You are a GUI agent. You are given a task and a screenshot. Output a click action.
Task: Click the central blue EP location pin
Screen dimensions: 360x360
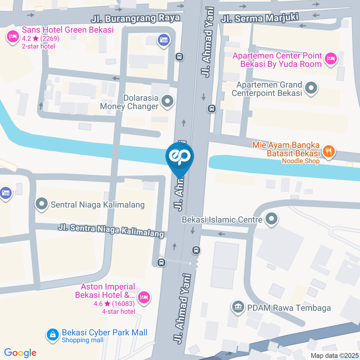pos(180,156)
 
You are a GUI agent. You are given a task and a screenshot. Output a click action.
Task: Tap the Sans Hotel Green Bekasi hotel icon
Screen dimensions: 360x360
pos(13,36)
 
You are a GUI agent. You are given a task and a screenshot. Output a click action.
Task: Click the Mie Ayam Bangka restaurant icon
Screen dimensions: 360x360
pos(329,151)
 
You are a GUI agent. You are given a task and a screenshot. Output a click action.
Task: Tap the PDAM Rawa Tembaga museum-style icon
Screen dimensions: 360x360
pos(237,307)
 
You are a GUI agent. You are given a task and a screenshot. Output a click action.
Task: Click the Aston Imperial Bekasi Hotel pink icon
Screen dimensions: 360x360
pos(144,297)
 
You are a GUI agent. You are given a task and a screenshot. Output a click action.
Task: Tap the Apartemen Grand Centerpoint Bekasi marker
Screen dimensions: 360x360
pos(311,88)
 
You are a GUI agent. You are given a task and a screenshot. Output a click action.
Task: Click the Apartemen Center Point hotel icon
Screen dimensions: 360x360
pos(331,58)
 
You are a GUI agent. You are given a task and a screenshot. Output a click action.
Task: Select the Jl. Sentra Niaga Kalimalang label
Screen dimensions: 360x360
pos(111,229)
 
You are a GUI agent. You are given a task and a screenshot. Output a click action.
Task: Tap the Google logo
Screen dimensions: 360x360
pos(20,352)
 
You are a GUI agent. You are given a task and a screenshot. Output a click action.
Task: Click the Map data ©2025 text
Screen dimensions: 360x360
pos(334,355)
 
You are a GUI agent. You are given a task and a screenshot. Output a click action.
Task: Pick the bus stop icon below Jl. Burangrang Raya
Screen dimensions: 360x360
pos(179,57)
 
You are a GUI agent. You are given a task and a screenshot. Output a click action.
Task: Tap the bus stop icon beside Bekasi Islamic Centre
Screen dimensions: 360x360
pos(196,250)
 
